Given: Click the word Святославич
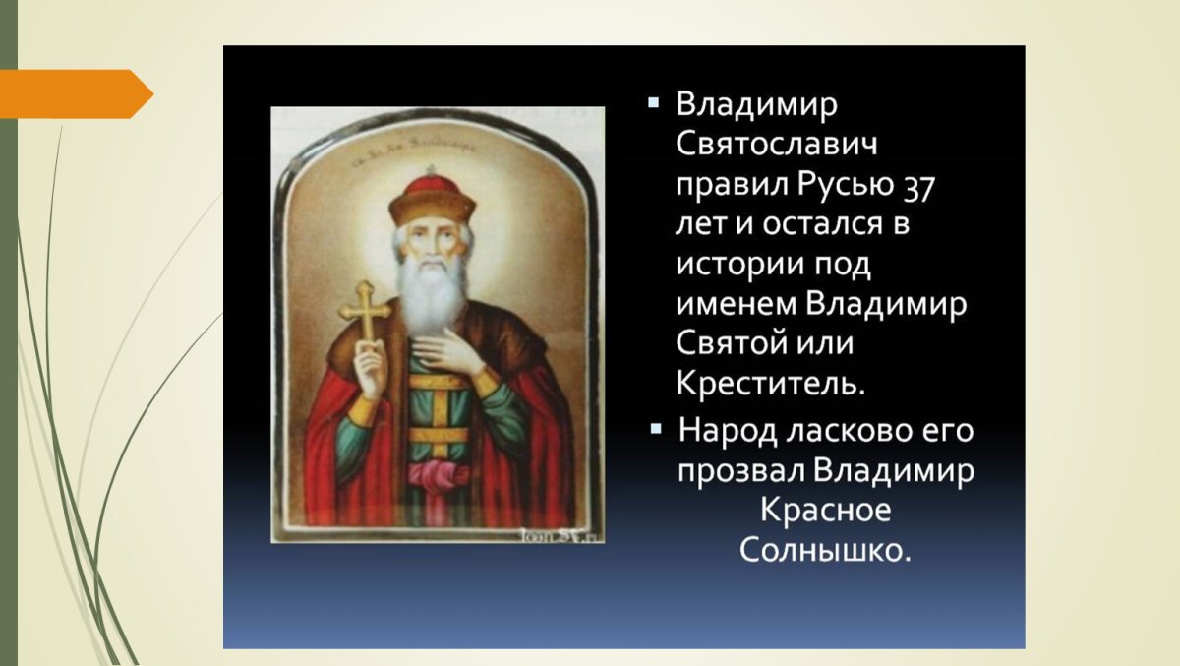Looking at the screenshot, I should (776, 146).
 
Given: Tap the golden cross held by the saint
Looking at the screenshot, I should (365, 313).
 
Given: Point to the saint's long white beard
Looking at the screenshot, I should (432, 295).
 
